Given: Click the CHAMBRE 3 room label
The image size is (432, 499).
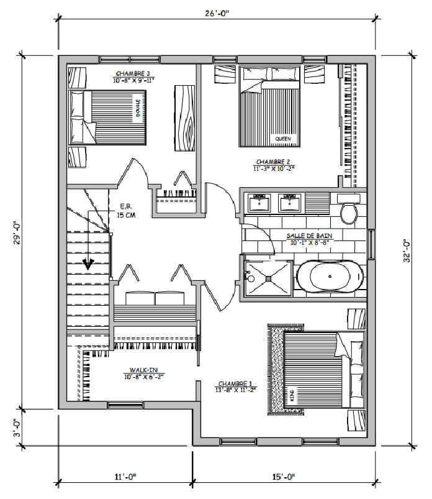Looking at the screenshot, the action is click(133, 74).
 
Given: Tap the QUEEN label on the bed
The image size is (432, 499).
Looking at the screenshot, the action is click(283, 139).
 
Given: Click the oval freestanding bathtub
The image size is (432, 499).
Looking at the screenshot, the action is click(330, 277).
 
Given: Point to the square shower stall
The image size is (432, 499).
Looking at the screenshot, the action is click(269, 278).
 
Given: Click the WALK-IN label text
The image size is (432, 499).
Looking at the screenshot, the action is click(143, 370).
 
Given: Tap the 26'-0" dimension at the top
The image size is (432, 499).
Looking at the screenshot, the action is click(217, 14).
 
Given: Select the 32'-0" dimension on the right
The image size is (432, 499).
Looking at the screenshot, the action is click(407, 251).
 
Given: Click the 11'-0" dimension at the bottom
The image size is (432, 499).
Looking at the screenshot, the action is click(125, 477).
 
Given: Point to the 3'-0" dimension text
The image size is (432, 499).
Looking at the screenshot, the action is click(17, 428).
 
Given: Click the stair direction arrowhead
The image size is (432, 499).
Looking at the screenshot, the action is click(88, 263).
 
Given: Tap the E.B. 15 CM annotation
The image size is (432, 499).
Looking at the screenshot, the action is click(126, 211).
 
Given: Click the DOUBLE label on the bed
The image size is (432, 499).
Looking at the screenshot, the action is click(138, 108).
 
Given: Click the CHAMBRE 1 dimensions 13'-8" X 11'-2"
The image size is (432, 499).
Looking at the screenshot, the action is click(235, 390).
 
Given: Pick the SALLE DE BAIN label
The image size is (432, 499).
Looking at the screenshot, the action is click(309, 236).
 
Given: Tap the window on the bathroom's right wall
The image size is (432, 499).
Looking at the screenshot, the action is click(371, 244).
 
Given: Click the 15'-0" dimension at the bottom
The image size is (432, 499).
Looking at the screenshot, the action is click(284, 477).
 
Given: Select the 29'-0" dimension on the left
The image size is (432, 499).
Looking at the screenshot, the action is click(17, 233).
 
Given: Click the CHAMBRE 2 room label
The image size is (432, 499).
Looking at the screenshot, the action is click(273, 162).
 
